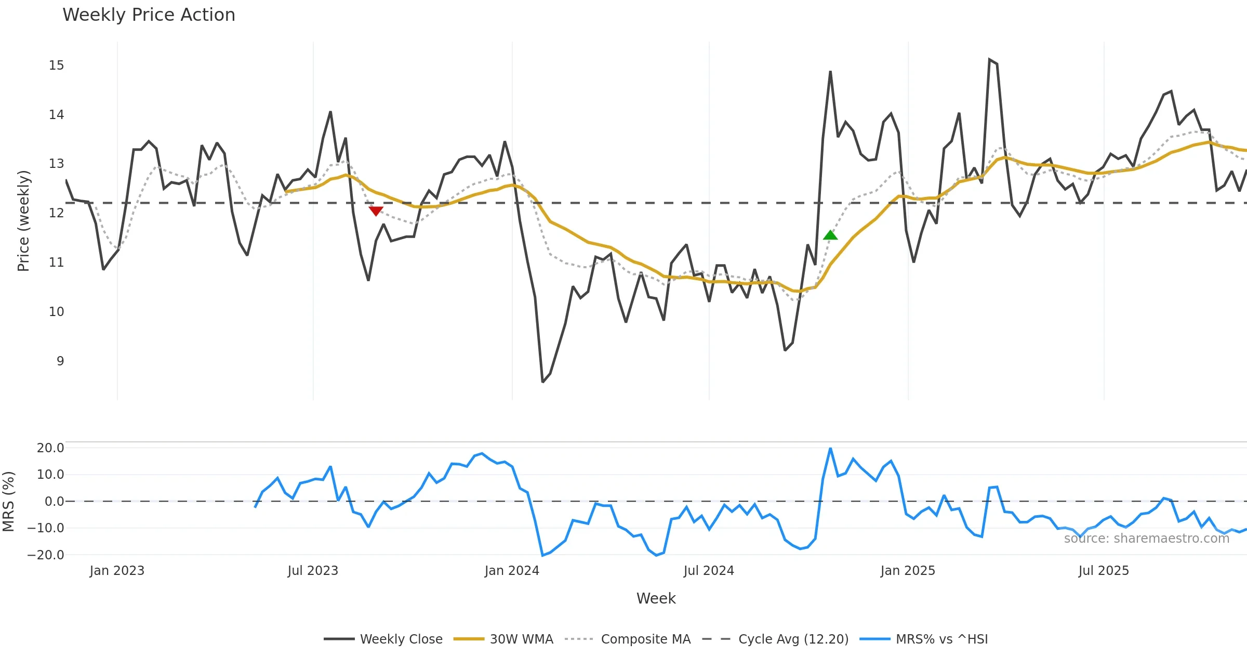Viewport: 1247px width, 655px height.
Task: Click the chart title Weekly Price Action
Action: coord(149,15)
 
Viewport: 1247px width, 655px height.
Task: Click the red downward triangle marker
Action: coord(376,211)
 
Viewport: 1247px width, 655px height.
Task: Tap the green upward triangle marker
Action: coord(830,235)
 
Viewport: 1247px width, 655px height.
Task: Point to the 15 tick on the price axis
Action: coord(56,65)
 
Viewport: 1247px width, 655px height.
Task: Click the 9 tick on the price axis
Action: coord(60,361)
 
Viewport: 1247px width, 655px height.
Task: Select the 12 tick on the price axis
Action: coord(56,213)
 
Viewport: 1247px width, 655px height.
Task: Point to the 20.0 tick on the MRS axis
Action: coord(50,448)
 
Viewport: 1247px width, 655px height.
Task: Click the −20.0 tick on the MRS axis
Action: coord(46,555)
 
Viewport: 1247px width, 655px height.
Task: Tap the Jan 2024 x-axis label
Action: coord(512,571)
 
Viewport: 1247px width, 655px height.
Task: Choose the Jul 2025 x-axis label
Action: coord(1104,571)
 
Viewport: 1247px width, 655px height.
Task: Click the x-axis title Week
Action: coord(656,599)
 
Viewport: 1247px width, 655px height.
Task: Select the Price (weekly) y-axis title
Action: coord(23,221)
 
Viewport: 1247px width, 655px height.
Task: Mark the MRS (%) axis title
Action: coord(8,502)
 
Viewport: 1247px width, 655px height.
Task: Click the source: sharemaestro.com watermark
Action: coord(1146,539)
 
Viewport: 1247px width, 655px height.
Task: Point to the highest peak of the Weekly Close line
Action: coord(989,59)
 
